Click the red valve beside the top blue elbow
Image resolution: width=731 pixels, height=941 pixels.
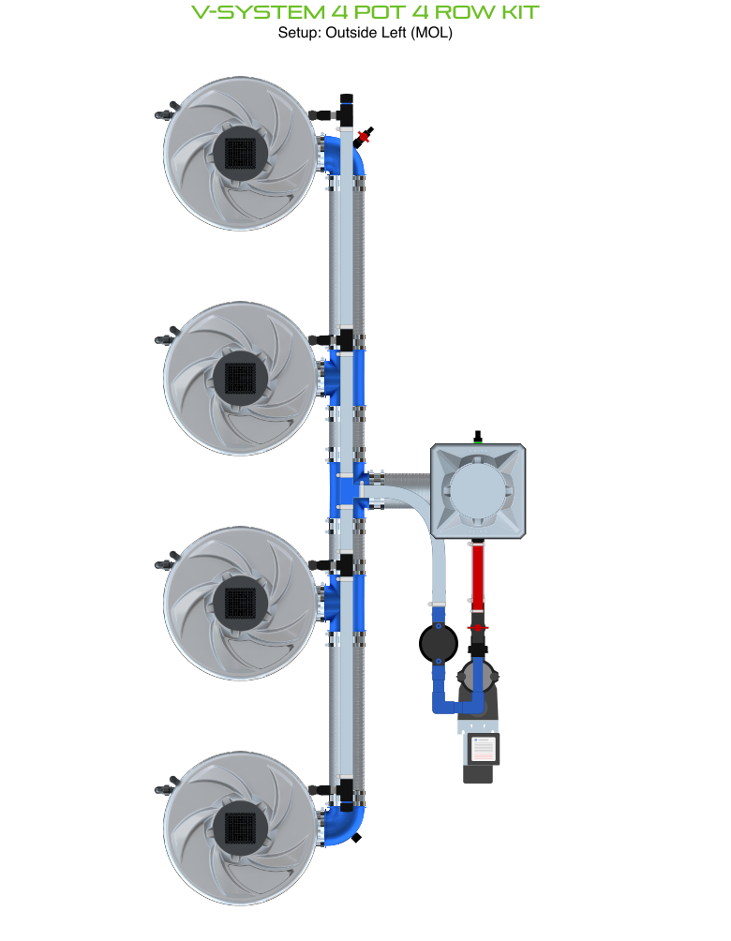coord(364,136)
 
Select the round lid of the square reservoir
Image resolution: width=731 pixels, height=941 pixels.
coord(477,491)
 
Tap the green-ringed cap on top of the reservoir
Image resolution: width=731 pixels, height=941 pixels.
coord(477,436)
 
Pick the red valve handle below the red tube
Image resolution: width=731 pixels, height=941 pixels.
coord(478,627)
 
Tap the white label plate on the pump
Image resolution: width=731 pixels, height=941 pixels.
coord(483,749)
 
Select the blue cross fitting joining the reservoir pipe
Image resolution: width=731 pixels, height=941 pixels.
coord(346,490)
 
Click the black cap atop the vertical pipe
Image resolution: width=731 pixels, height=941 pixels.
coord(346,98)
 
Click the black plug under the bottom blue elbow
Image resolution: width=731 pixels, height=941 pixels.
coord(357,838)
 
